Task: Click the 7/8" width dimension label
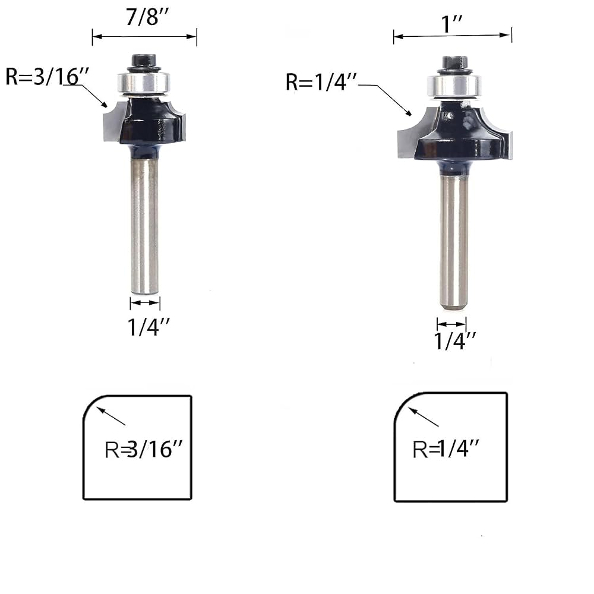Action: pyautogui.click(x=147, y=17)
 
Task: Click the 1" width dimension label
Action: pyautogui.click(x=452, y=24)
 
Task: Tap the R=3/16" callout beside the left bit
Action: pyautogui.click(x=47, y=76)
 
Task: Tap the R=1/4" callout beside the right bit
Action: pyautogui.click(x=321, y=82)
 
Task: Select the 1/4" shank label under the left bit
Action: pyautogui.click(x=148, y=327)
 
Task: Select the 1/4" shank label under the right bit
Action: pyautogui.click(x=454, y=341)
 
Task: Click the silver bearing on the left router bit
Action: pyautogui.click(x=143, y=83)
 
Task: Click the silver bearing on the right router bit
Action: pyautogui.click(x=454, y=86)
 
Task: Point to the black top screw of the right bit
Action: pyautogui.click(x=454, y=63)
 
